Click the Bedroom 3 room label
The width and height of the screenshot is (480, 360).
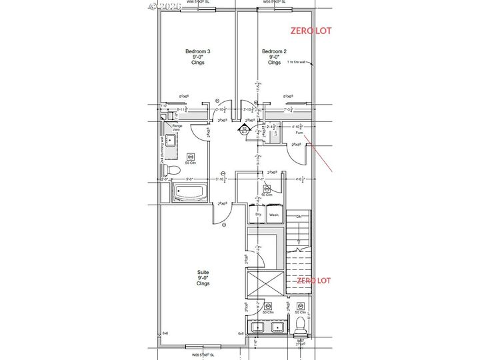[x=199, y=57]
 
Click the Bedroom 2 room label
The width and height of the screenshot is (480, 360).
[x=274, y=57]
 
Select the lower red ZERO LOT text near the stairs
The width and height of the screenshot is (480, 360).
[x=315, y=280]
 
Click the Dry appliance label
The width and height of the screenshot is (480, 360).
[x=257, y=215]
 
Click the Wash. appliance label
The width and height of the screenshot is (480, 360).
[x=273, y=215]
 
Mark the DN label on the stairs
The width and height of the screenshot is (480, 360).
[x=299, y=217]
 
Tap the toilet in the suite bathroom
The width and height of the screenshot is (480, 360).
[x=300, y=326]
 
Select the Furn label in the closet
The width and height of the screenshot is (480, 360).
[x=299, y=133]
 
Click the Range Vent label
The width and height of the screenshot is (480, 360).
[x=177, y=127]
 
